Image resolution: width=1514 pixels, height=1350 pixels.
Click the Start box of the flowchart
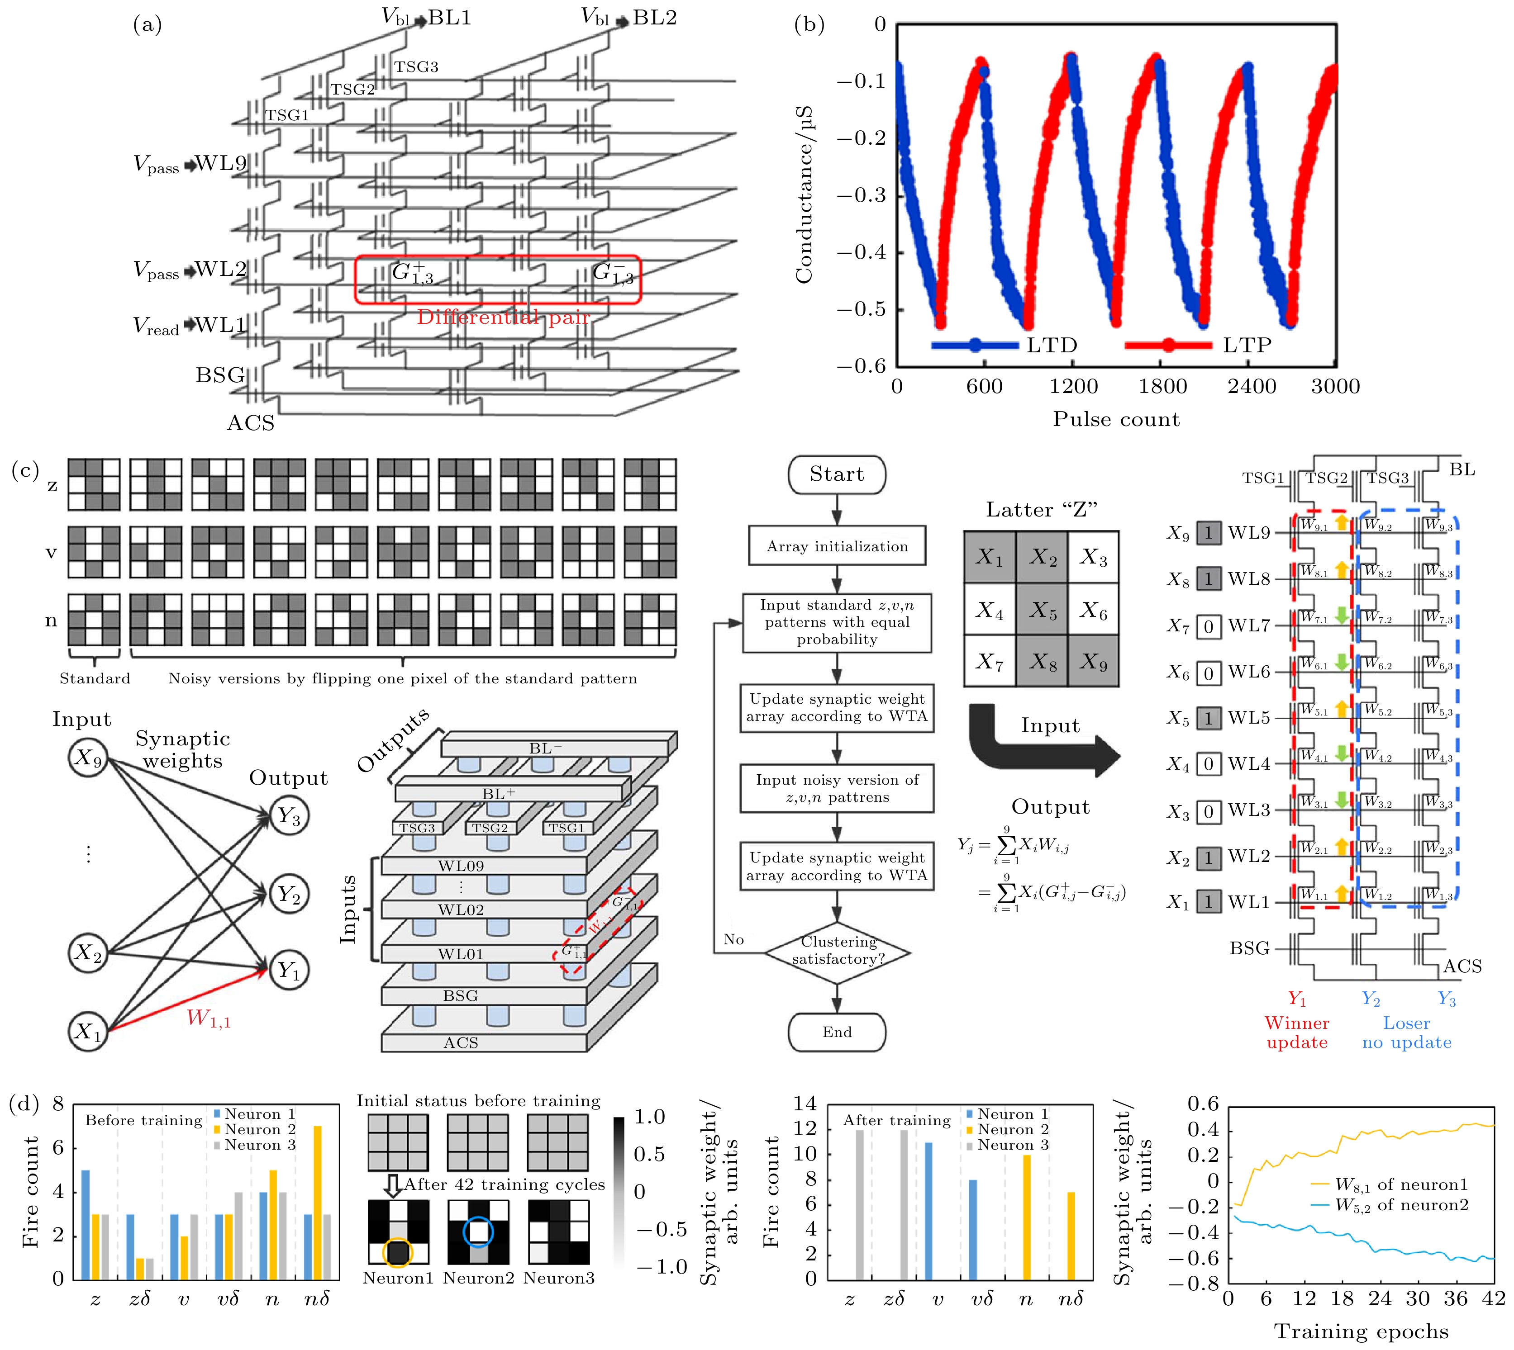[837, 475]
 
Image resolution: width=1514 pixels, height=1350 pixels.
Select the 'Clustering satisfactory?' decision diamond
[837, 950]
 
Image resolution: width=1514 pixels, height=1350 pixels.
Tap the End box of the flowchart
[837, 1032]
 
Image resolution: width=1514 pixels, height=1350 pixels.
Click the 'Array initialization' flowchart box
[837, 546]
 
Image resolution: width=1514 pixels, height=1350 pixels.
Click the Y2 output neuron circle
[288, 894]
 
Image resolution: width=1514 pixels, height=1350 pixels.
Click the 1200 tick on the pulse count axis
[1073, 386]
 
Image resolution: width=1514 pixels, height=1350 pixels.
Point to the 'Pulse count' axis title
[1115, 419]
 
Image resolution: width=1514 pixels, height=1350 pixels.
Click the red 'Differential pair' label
[503, 317]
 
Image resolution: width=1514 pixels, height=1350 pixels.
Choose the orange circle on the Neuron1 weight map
[398, 1253]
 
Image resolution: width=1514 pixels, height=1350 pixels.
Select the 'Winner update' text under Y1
[1296, 1033]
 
